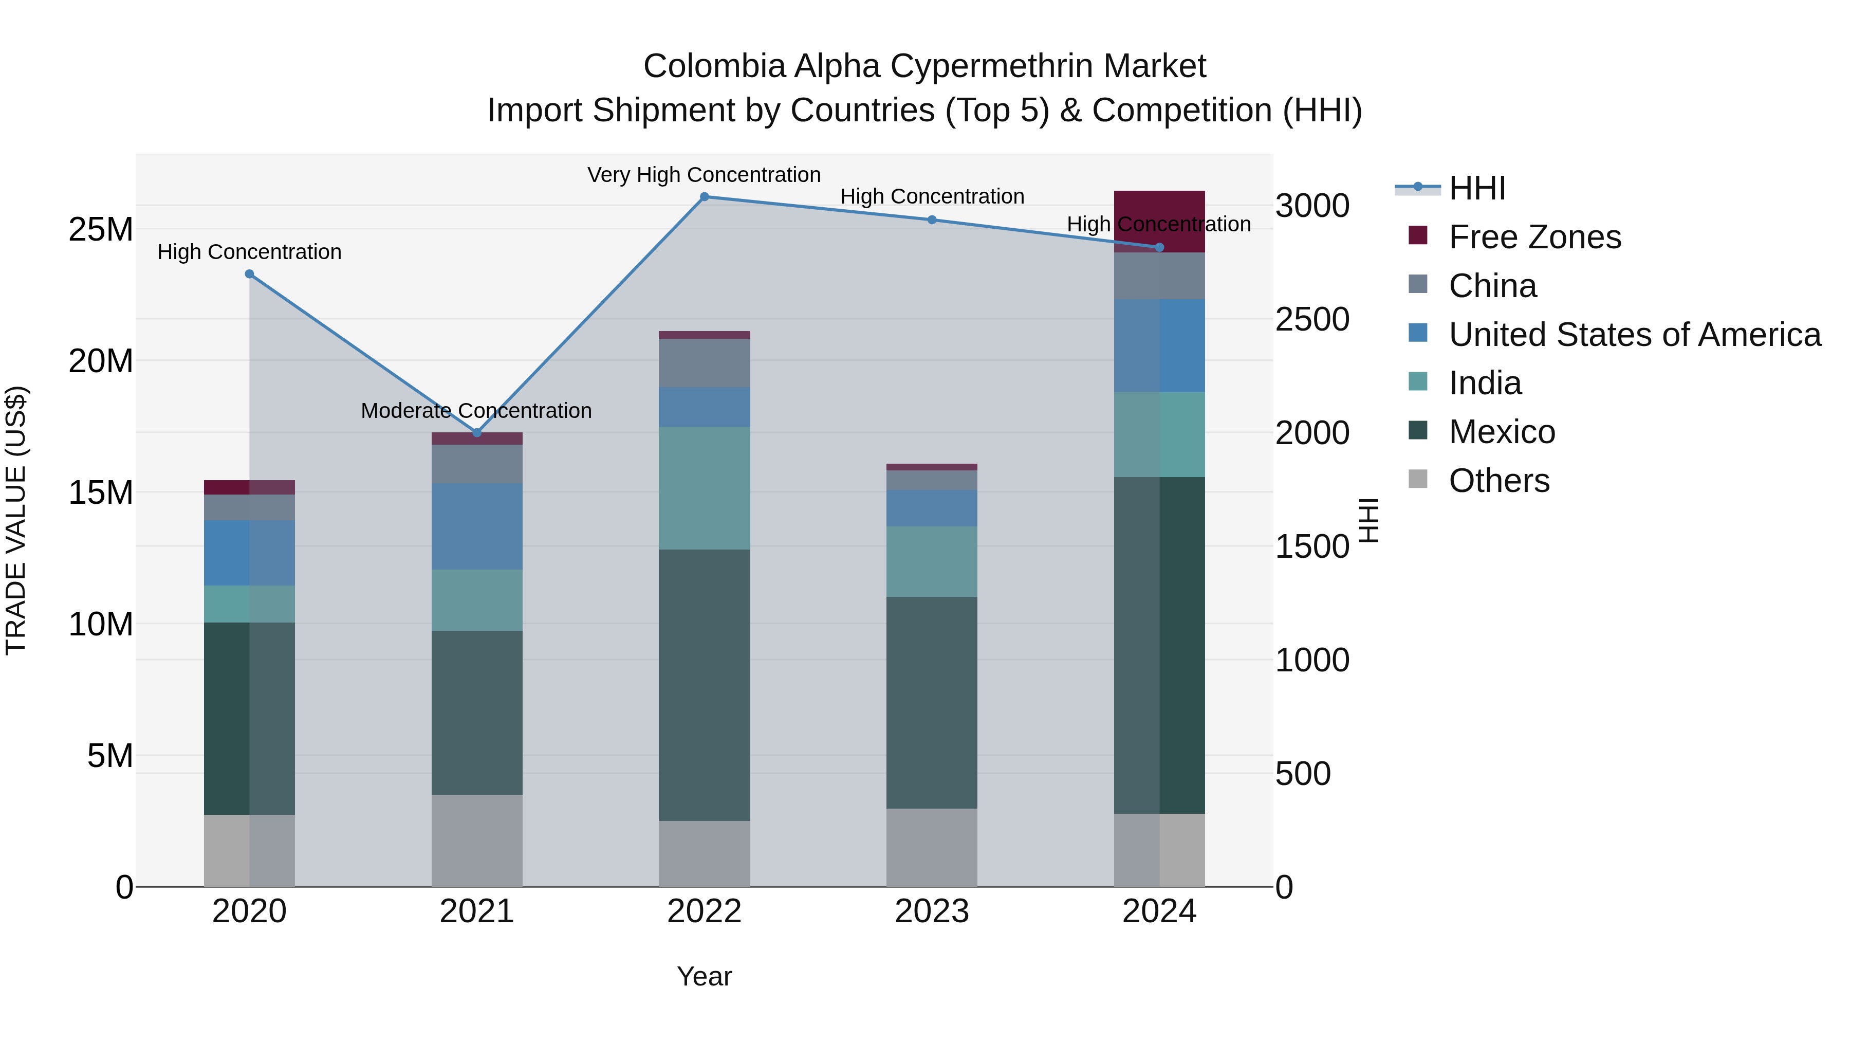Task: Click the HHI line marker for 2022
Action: tap(704, 197)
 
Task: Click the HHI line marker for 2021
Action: tap(477, 432)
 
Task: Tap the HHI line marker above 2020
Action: tap(249, 273)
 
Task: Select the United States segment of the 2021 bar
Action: tap(477, 526)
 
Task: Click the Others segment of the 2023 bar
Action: tap(932, 847)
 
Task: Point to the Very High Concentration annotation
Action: tap(704, 175)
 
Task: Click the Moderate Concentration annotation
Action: tap(476, 410)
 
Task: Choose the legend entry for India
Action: tap(1485, 383)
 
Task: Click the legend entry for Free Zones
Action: tap(1534, 237)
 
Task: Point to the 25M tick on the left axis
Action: tap(101, 229)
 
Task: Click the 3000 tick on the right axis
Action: tap(1312, 206)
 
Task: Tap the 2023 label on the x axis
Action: tap(932, 911)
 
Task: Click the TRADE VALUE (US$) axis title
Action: tap(16, 520)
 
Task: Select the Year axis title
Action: tap(704, 976)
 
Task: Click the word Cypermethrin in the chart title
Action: tap(991, 66)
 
